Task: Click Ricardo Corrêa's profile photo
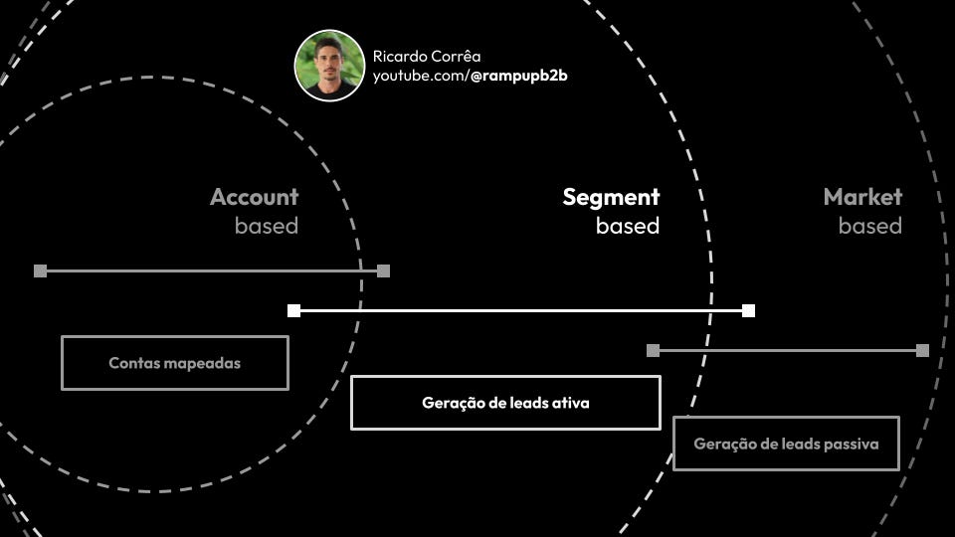(329, 65)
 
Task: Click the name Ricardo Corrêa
(427, 56)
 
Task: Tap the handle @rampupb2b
(518, 76)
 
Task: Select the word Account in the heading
(254, 197)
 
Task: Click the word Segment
(611, 197)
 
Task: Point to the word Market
(862, 197)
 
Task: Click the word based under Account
(266, 226)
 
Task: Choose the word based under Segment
(627, 226)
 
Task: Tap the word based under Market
(869, 226)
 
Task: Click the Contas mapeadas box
(175, 363)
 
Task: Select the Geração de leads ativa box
(505, 403)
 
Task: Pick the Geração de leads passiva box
(786, 444)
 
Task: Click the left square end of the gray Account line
(40, 270)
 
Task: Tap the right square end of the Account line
(384, 270)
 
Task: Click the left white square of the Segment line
(293, 310)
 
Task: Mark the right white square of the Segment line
(748, 310)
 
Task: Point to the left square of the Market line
(653, 350)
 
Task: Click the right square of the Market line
(922, 350)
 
